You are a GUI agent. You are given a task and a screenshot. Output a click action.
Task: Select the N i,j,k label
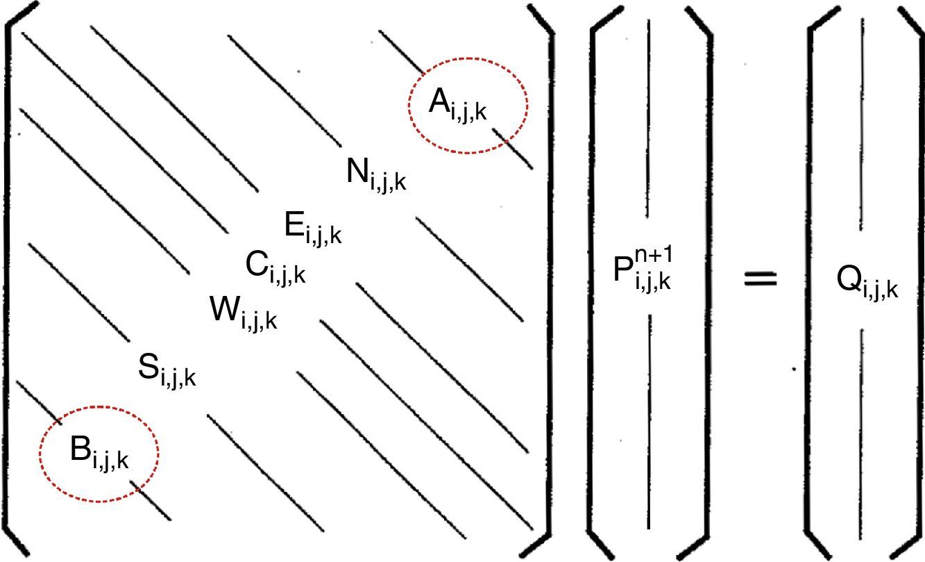tap(375, 174)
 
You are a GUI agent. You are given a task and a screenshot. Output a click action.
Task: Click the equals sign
tap(761, 279)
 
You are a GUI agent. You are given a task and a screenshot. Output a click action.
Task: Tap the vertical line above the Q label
tap(863, 125)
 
